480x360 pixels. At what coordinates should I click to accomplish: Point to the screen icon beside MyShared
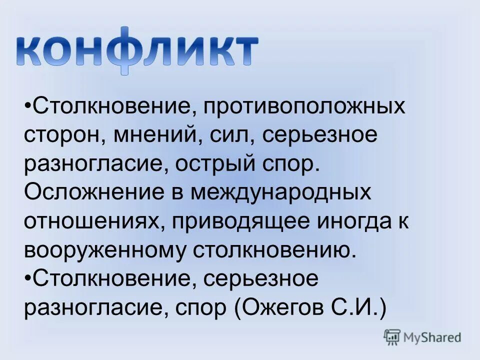tap(392, 337)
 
